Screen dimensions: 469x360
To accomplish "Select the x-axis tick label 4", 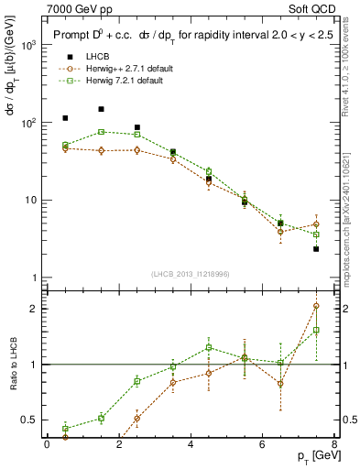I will point(190,444).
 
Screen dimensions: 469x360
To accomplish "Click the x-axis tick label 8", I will point(333,444).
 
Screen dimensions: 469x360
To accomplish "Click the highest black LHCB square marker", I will point(101,109).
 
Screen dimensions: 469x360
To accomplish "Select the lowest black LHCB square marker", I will point(316,249).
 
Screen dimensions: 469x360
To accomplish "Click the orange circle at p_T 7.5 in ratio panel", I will point(316,306).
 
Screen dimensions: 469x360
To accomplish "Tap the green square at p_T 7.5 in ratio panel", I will point(316,330).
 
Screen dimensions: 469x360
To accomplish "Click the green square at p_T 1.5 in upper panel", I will point(101,132).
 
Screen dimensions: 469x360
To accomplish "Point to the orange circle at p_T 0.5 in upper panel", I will point(65,148).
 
